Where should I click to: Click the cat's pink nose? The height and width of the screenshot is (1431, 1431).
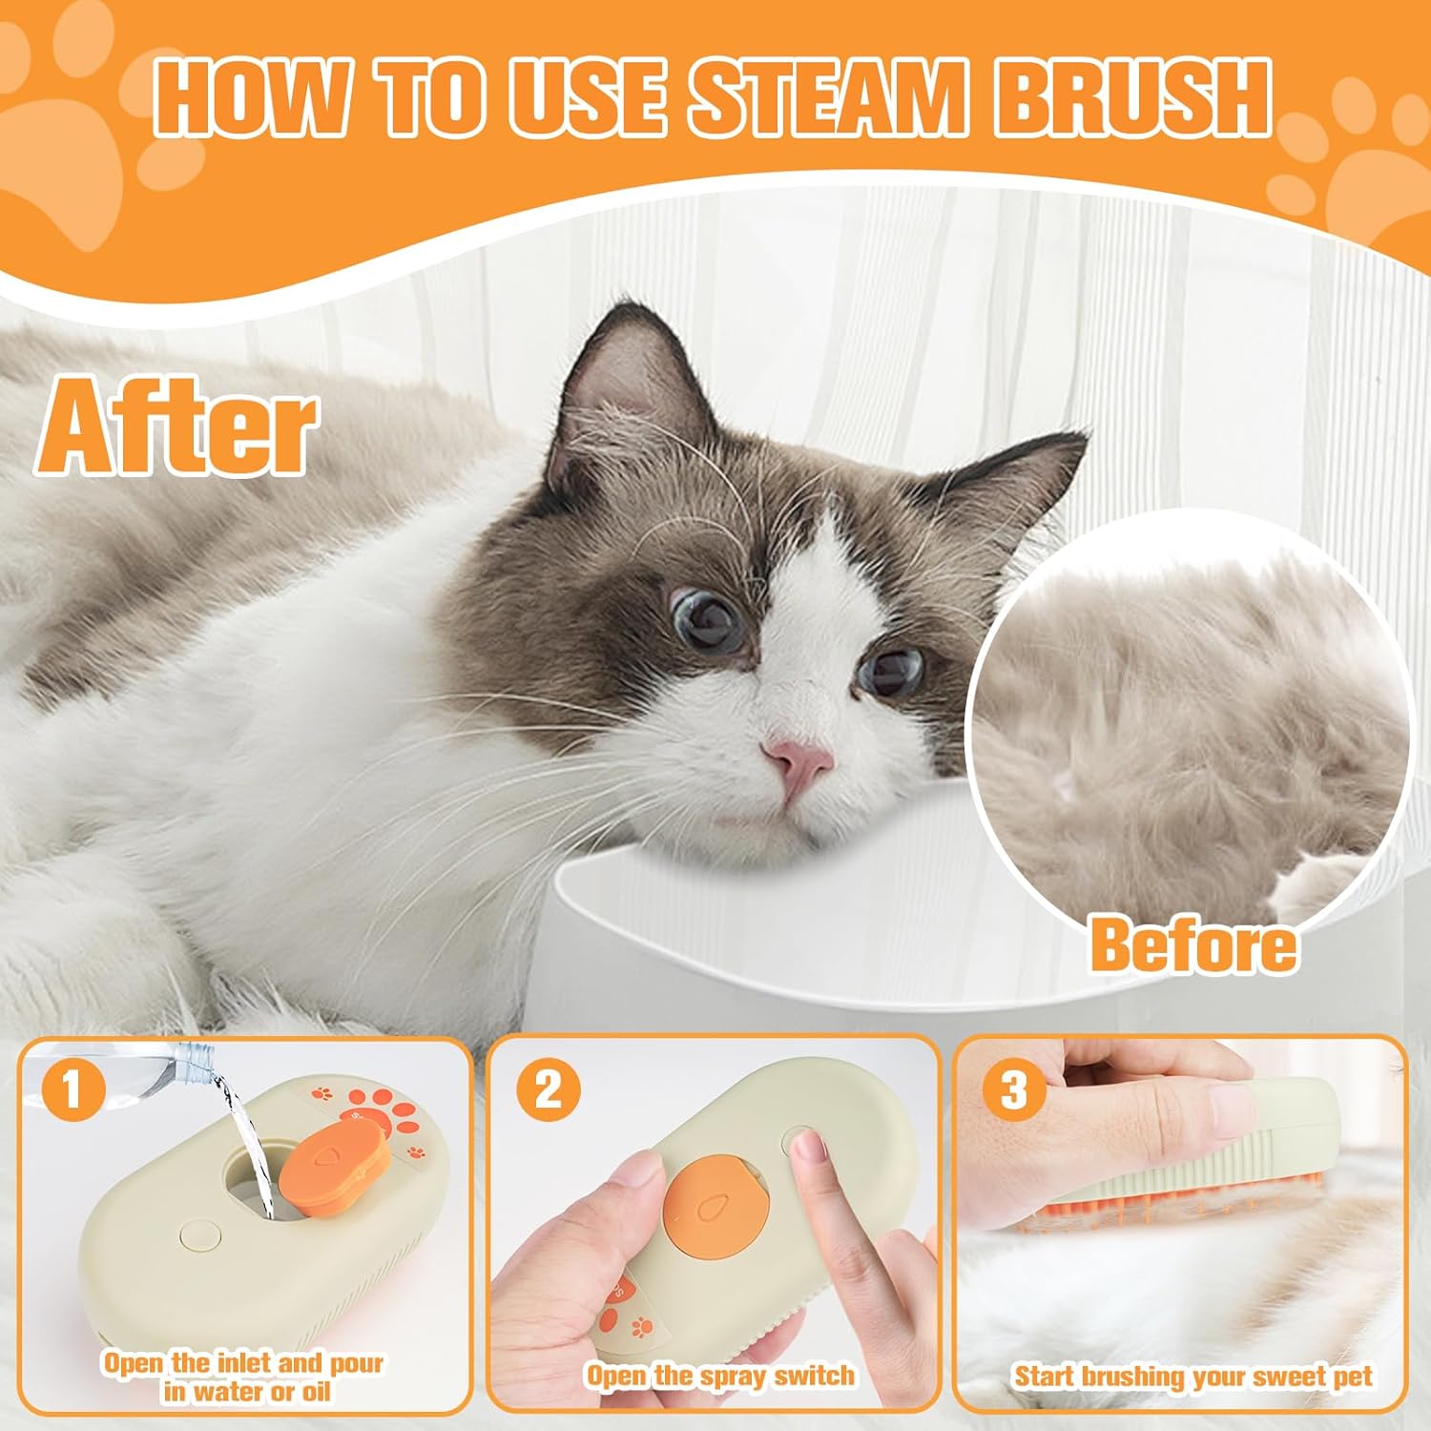[x=799, y=760]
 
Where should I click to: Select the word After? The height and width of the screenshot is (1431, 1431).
[x=177, y=425]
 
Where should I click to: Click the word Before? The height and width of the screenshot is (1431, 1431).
[x=1192, y=944]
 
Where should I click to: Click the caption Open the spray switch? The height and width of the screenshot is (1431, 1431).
[x=720, y=1376]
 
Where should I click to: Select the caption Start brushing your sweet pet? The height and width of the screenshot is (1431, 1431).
[x=1192, y=1376]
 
